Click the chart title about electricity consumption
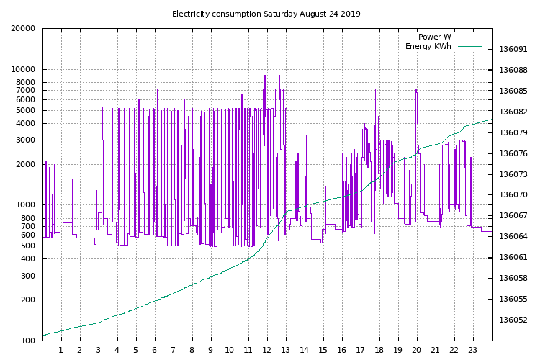click(x=266, y=14)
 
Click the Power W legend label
click(x=434, y=37)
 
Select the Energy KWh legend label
click(x=428, y=47)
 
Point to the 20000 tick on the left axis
click(x=22, y=29)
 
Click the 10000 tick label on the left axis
click(x=22, y=70)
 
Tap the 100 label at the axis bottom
click(x=27, y=341)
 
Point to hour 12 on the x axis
click(x=267, y=351)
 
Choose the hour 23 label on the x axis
click(x=472, y=351)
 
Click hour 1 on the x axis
click(x=61, y=351)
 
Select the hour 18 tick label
click(x=379, y=351)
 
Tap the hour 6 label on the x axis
click(x=155, y=351)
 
